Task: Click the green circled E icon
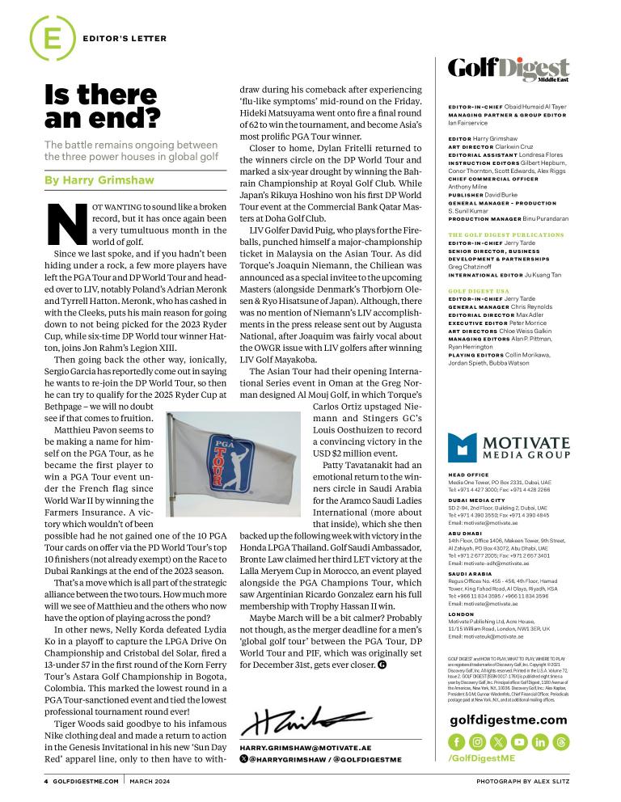click(46, 37)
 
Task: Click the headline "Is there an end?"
click(102, 108)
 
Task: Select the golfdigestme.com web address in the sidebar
click(509, 720)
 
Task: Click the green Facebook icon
click(456, 741)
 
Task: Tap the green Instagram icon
click(477, 741)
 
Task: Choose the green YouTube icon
click(519, 741)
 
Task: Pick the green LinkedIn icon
click(540, 741)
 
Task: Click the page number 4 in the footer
click(46, 782)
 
